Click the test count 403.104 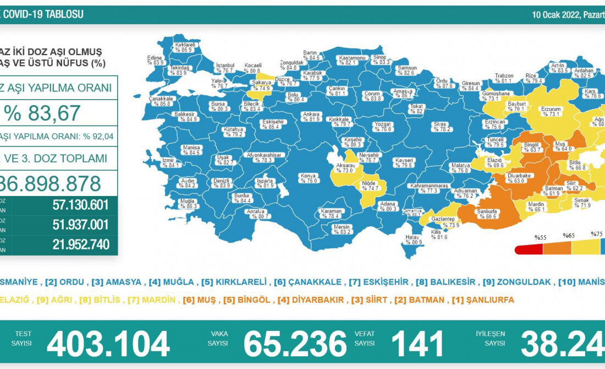108,344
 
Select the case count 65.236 295,344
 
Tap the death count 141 417,344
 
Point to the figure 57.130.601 81,205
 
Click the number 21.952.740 81,244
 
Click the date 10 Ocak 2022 555,14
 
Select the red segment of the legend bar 529,249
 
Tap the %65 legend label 568,236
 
